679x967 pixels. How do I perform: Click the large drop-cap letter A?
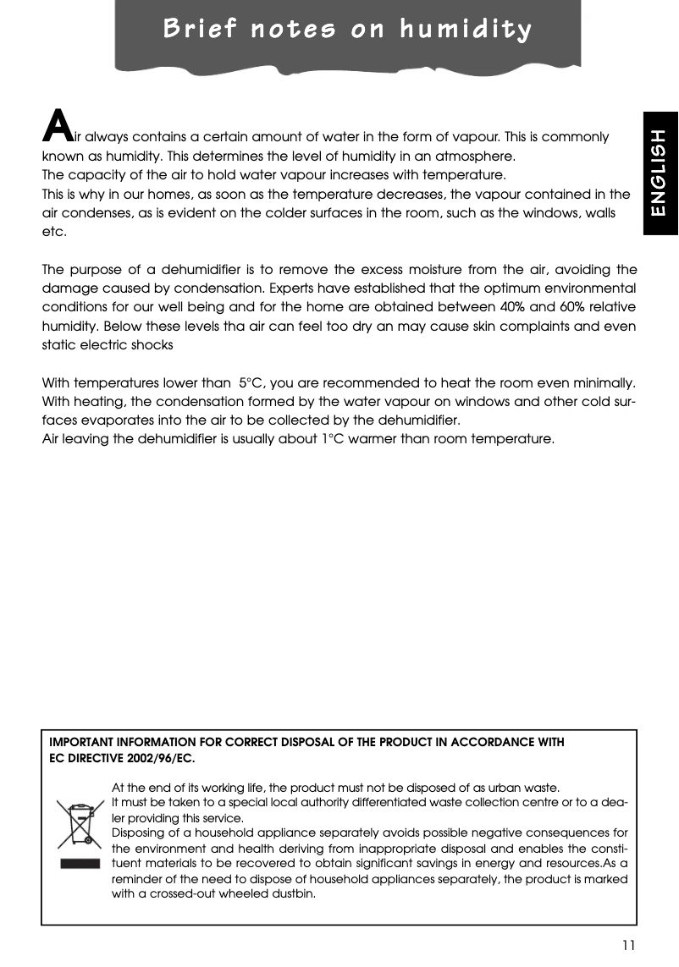(x=56, y=126)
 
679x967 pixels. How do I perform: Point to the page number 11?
(x=627, y=945)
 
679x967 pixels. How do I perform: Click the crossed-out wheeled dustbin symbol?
(x=80, y=824)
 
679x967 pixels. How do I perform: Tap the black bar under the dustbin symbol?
(x=80, y=865)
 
